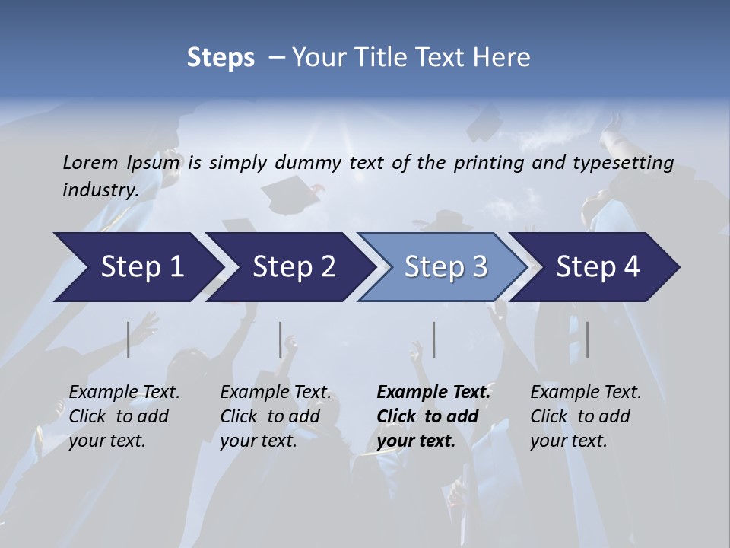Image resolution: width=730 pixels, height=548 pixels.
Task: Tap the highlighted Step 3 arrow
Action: pos(446,267)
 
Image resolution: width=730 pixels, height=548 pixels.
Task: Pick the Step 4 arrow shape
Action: pos(598,267)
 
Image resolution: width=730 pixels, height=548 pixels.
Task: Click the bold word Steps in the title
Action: pos(221,57)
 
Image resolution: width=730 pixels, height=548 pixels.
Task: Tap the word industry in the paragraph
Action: pos(100,190)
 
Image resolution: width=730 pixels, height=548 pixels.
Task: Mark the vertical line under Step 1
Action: pos(129,339)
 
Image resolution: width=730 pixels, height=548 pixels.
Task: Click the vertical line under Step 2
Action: pos(281,339)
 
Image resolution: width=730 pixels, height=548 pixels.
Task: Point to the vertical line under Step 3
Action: pos(433,339)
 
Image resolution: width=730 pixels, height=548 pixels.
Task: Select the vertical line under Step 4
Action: pos(587,339)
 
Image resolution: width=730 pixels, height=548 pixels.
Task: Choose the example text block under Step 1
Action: pos(124,416)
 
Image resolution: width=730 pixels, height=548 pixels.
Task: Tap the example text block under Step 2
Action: pos(275,416)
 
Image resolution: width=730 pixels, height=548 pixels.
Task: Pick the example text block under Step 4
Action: pos(586,416)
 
